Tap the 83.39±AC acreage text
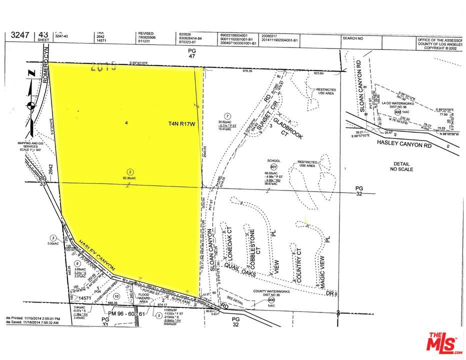(x=128, y=177)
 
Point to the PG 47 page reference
(x=189, y=54)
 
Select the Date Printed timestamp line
(x=33, y=318)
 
